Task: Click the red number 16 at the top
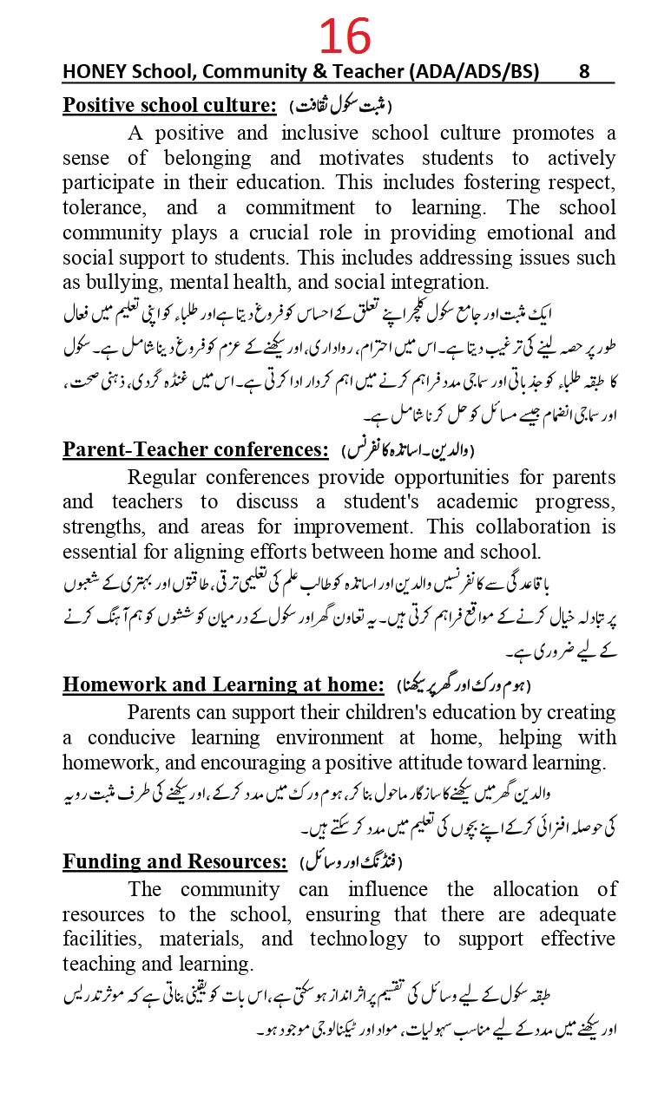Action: tap(345, 36)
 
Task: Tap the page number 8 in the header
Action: tap(584, 72)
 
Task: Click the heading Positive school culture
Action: tap(169, 106)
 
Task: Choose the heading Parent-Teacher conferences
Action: tap(196, 449)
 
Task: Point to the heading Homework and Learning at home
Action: tap(223, 684)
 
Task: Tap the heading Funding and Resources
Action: tap(174, 861)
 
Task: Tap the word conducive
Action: tap(128, 737)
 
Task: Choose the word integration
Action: tap(436, 282)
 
